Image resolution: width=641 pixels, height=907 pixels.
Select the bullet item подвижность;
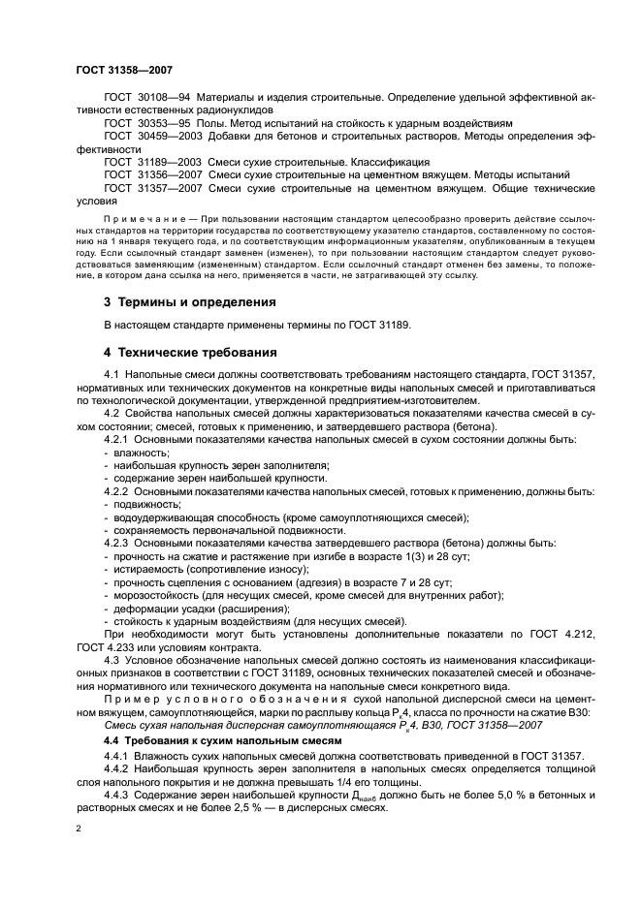[x=145, y=504]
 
